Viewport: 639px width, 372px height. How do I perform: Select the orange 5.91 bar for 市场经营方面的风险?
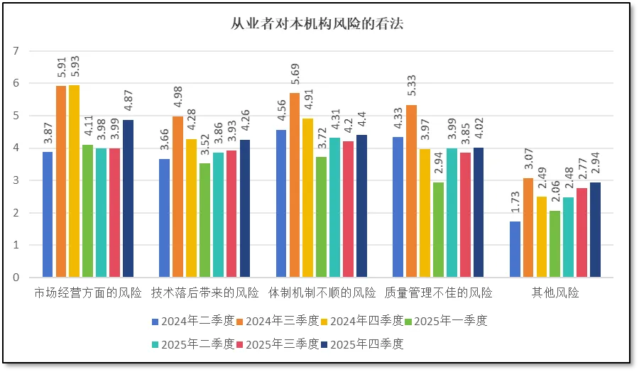click(61, 181)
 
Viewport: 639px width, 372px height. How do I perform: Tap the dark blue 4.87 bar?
click(128, 198)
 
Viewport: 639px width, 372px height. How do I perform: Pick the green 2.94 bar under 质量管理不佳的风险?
click(438, 229)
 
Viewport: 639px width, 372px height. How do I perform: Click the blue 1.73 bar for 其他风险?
click(515, 249)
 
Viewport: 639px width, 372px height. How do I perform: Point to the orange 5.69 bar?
click(295, 185)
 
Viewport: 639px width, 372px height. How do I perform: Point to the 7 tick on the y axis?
click(16, 51)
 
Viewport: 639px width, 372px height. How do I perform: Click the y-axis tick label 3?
click(16, 180)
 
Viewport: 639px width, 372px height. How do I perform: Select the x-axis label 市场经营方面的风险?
click(88, 292)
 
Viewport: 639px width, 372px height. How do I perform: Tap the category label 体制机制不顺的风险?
click(322, 292)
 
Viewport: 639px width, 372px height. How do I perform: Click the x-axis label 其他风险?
click(555, 292)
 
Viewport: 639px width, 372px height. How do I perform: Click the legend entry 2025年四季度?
click(366, 344)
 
